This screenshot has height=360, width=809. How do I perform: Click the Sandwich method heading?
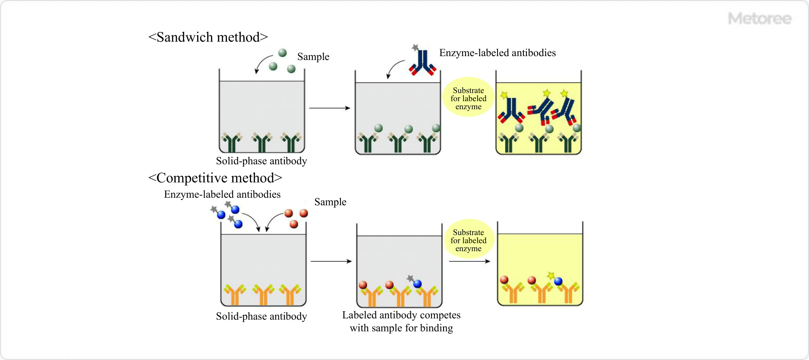(x=208, y=37)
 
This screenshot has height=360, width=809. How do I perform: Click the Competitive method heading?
(x=215, y=178)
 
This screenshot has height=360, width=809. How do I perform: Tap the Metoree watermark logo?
(x=759, y=19)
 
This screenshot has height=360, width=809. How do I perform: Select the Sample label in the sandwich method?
(x=313, y=57)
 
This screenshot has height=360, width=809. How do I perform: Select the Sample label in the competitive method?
(x=330, y=202)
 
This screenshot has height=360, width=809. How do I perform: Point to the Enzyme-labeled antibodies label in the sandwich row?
(x=497, y=53)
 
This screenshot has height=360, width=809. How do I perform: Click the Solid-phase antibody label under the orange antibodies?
(x=261, y=316)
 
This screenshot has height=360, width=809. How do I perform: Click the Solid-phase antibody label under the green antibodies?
(x=261, y=161)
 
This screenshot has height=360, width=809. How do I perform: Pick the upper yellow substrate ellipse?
(x=469, y=98)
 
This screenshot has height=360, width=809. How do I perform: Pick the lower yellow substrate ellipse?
(x=469, y=240)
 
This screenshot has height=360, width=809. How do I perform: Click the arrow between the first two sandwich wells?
(x=330, y=108)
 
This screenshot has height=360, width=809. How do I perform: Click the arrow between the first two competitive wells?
(x=331, y=261)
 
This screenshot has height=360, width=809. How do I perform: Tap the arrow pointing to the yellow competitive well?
(x=469, y=261)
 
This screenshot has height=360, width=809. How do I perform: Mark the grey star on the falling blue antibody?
(x=415, y=47)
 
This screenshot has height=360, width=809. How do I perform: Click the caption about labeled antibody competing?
(x=401, y=322)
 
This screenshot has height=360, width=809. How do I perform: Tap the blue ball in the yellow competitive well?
(x=558, y=281)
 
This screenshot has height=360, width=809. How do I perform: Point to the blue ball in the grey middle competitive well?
(x=417, y=284)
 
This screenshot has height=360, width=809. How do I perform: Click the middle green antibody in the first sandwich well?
(x=262, y=142)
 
